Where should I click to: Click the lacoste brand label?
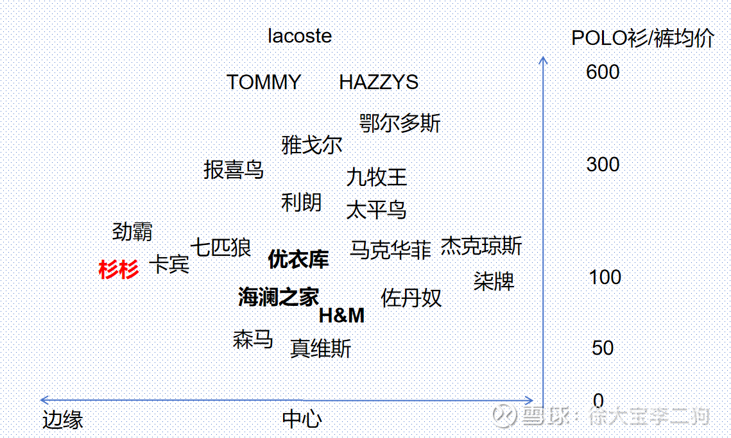(x=300, y=37)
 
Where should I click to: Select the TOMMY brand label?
(x=264, y=83)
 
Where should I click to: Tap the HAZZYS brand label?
(x=379, y=83)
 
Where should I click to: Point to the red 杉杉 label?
(x=119, y=269)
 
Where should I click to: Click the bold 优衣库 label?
(x=298, y=259)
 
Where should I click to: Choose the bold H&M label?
(x=341, y=316)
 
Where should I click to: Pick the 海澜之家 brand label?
(x=279, y=297)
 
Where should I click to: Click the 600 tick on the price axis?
(x=603, y=72)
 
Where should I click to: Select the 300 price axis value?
(x=603, y=164)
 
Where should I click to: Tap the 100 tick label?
(x=605, y=277)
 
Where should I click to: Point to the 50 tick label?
(x=603, y=348)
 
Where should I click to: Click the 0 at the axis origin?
(x=598, y=401)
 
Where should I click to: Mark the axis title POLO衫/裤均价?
(x=643, y=38)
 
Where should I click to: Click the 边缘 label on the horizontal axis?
(x=63, y=419)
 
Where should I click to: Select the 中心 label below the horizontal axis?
(x=302, y=419)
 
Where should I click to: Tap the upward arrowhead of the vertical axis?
(x=543, y=60)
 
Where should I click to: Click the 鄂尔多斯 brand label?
(x=400, y=124)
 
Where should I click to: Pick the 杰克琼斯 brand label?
(x=481, y=246)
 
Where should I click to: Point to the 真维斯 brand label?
(x=321, y=348)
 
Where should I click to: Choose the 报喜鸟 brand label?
(x=234, y=169)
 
